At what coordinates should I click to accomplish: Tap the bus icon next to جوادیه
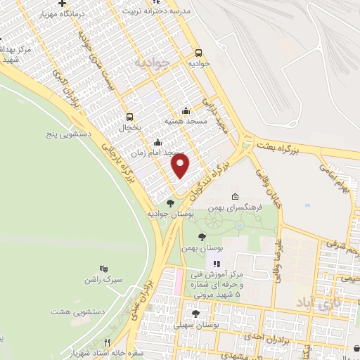coord(199,52)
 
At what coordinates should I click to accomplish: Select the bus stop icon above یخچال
coord(129,117)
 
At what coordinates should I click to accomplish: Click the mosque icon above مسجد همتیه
coord(186,110)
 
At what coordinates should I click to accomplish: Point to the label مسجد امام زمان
coord(157,153)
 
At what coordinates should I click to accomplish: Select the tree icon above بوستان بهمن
coord(202,237)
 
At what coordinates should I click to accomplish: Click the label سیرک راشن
coord(108,280)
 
